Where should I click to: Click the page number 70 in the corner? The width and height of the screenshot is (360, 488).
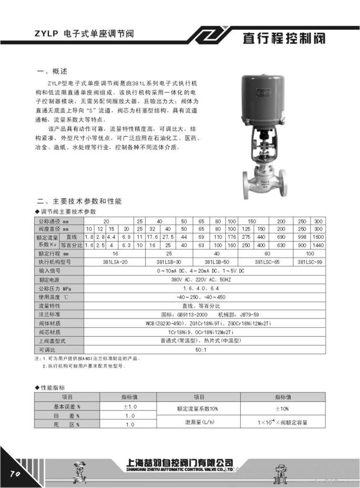tap(13, 474)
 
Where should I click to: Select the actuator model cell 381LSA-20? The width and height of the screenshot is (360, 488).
tap(115, 262)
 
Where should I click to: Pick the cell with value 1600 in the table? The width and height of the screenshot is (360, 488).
tap(318, 237)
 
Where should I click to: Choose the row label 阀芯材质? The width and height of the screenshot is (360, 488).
tap(50, 332)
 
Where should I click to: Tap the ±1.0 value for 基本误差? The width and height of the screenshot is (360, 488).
tap(130, 407)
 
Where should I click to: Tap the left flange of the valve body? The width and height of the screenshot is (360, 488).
tap(247, 184)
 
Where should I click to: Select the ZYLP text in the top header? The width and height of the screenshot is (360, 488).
tap(46, 34)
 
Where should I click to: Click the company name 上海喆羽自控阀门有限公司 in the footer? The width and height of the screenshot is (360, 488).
tap(180, 462)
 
